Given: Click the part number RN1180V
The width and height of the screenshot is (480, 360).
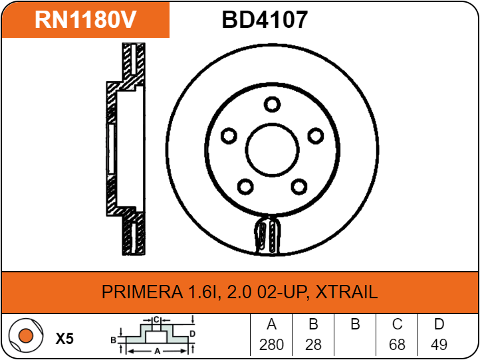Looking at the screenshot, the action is [85, 19].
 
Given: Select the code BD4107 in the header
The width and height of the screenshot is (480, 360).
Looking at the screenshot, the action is [265, 19].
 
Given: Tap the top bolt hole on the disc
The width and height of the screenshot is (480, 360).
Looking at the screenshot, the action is [272, 104].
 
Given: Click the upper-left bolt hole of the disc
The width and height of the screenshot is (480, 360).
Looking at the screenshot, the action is [229, 135].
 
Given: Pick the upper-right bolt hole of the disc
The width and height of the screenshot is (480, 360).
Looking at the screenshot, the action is [316, 135].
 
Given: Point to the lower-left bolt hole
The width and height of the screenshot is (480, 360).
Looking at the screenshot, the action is [245, 187].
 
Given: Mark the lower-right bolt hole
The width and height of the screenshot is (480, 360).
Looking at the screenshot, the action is [299, 187].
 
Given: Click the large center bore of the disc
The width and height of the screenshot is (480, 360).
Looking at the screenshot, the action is [272, 150].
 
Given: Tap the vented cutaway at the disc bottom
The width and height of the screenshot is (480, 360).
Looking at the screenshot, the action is [267, 234].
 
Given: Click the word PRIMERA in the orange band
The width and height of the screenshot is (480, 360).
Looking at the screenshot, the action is [142, 292].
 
